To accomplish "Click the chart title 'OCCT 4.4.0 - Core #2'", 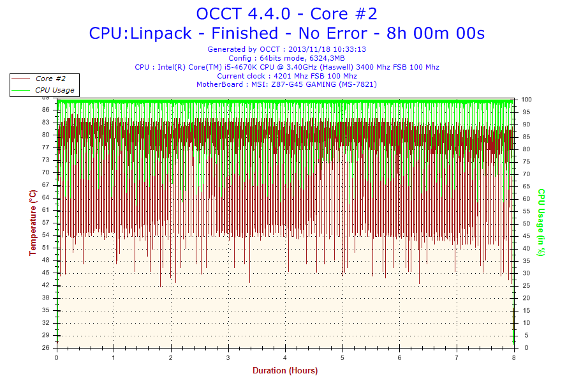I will [286, 13].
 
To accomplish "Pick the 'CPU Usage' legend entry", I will [54, 90].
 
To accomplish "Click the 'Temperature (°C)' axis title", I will [33, 223].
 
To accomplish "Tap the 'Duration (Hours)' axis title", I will [285, 370].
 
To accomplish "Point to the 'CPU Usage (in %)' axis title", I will [540, 223].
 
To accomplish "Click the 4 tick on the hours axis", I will [286, 357].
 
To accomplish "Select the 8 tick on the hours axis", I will [514, 357].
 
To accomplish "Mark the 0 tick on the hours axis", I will [57, 357].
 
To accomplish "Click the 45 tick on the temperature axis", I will [45, 273].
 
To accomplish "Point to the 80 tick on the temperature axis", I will [45, 135].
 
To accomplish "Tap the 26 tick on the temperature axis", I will [45, 348].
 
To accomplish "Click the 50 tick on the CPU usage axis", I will [525, 223].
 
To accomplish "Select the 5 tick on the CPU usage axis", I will [523, 335].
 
